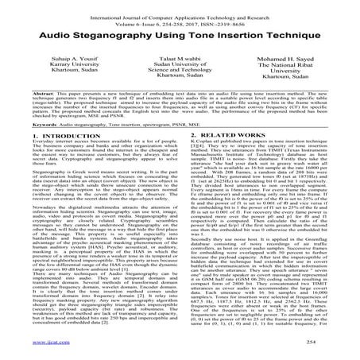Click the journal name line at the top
[180, 10]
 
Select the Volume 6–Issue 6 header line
[180, 17]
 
